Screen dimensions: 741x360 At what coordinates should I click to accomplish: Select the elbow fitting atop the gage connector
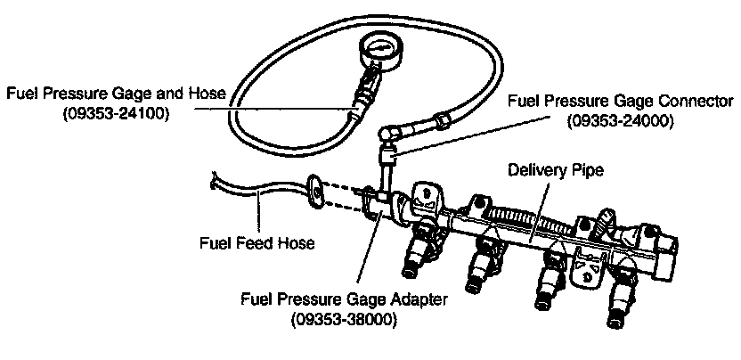[x=387, y=133]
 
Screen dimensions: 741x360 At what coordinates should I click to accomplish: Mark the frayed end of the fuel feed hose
[x=214, y=183]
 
